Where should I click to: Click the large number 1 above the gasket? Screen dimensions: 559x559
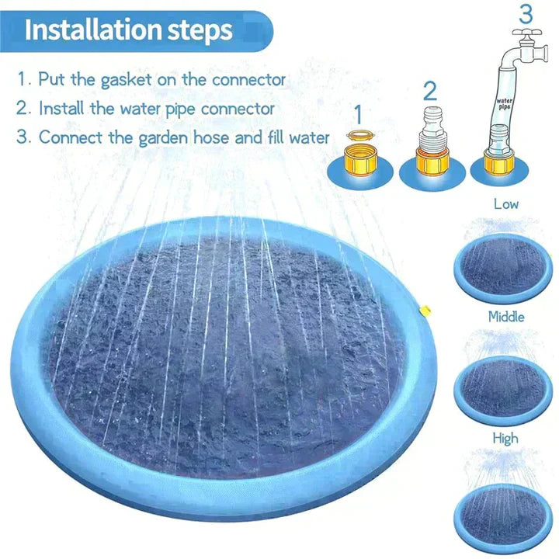pyautogui.click(x=358, y=114)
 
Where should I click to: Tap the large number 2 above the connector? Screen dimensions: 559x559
pyautogui.click(x=429, y=91)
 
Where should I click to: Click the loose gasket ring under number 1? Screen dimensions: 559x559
pyautogui.click(x=358, y=137)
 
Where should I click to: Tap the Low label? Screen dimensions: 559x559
pyautogui.click(x=506, y=204)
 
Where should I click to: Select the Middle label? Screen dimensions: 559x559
pyautogui.click(x=506, y=317)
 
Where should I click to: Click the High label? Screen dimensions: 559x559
pyautogui.click(x=505, y=439)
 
